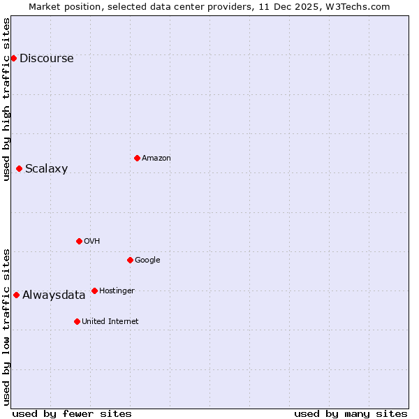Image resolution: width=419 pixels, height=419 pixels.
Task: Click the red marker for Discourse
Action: (13, 58)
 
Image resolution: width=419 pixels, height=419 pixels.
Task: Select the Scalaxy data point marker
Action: (19, 168)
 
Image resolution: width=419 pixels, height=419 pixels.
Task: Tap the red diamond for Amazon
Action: (137, 158)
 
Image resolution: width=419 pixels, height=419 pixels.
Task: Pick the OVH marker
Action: (79, 241)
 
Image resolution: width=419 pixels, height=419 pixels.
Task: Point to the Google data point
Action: (130, 260)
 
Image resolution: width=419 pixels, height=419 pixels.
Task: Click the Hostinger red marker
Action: (94, 291)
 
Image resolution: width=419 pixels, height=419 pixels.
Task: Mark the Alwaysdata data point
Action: (16, 295)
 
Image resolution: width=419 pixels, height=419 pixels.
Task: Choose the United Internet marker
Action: (77, 321)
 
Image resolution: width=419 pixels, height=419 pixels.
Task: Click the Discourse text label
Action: (46, 58)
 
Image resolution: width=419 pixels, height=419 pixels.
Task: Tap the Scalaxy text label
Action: (46, 168)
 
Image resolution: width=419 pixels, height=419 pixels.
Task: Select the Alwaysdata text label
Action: (54, 295)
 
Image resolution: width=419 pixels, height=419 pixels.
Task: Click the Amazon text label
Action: (156, 158)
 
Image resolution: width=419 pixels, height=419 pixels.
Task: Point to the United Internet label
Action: (110, 321)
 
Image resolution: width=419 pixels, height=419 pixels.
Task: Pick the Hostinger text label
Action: (117, 291)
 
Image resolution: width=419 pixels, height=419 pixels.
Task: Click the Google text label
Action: (147, 260)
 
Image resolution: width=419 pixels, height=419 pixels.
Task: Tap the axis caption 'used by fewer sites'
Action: (72, 413)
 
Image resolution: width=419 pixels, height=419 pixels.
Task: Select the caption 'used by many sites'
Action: (351, 413)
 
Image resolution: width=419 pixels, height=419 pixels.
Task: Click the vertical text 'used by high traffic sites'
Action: (6, 99)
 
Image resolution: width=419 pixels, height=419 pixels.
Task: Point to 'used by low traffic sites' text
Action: (6, 327)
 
